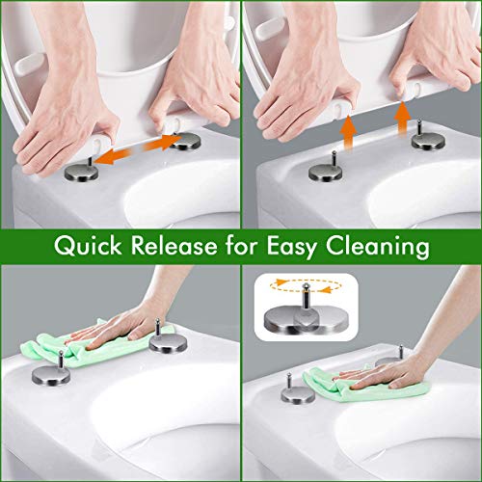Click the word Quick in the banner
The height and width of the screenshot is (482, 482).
(x=88, y=247)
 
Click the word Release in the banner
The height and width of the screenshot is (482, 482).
(x=174, y=246)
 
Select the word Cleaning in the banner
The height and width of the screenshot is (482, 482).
(x=378, y=247)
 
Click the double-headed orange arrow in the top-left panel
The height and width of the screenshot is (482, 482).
(x=139, y=148)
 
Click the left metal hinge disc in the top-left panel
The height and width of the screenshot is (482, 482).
(x=82, y=173)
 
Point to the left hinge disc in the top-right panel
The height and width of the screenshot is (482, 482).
(x=326, y=173)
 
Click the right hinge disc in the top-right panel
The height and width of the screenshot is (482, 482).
(x=428, y=142)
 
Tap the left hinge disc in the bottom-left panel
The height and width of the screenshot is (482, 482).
(x=51, y=375)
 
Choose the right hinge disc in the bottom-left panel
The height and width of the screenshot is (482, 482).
(x=168, y=343)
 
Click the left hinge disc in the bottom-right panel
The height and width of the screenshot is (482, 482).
(x=298, y=395)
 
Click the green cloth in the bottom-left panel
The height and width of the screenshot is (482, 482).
(x=96, y=345)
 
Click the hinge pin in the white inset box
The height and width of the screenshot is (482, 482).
(x=305, y=298)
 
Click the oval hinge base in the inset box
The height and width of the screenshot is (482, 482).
(x=306, y=319)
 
